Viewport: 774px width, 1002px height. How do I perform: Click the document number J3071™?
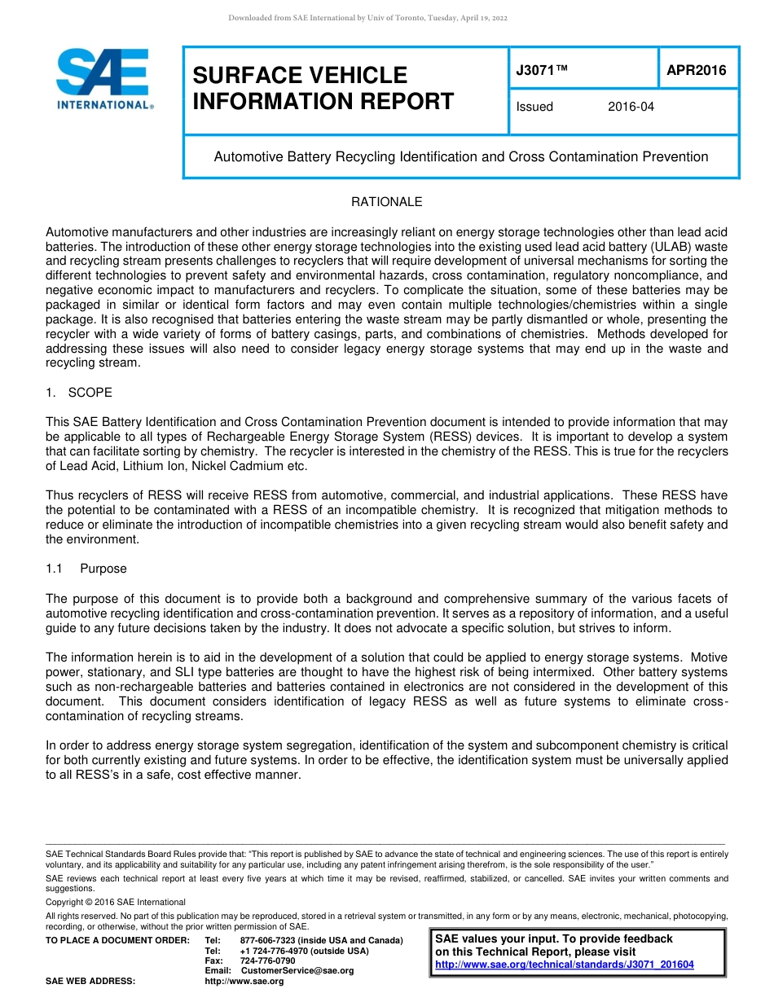[x=542, y=71]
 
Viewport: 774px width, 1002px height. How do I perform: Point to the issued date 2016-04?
[x=631, y=107]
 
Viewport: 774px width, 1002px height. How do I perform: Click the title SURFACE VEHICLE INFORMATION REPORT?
[x=323, y=88]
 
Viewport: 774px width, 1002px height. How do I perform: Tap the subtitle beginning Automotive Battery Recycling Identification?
[x=460, y=156]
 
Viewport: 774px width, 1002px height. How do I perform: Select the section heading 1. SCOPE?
[x=79, y=393]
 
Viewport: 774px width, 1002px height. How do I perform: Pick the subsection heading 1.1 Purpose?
[x=86, y=569]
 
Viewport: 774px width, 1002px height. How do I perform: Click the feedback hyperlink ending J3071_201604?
[x=565, y=965]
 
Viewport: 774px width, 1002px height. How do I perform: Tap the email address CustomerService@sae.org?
[x=297, y=970]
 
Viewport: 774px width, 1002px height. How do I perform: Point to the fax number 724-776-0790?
[x=267, y=960]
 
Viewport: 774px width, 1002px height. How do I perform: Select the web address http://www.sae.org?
[x=244, y=981]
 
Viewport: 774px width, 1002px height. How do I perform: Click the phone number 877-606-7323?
[x=267, y=941]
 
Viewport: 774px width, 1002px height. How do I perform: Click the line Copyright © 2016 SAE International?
[x=116, y=902]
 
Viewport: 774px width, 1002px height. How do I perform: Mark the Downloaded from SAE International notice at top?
[x=367, y=18]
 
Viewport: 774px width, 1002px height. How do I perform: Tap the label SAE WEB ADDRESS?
[x=90, y=981]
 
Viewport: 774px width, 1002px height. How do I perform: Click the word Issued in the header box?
[x=534, y=107]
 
